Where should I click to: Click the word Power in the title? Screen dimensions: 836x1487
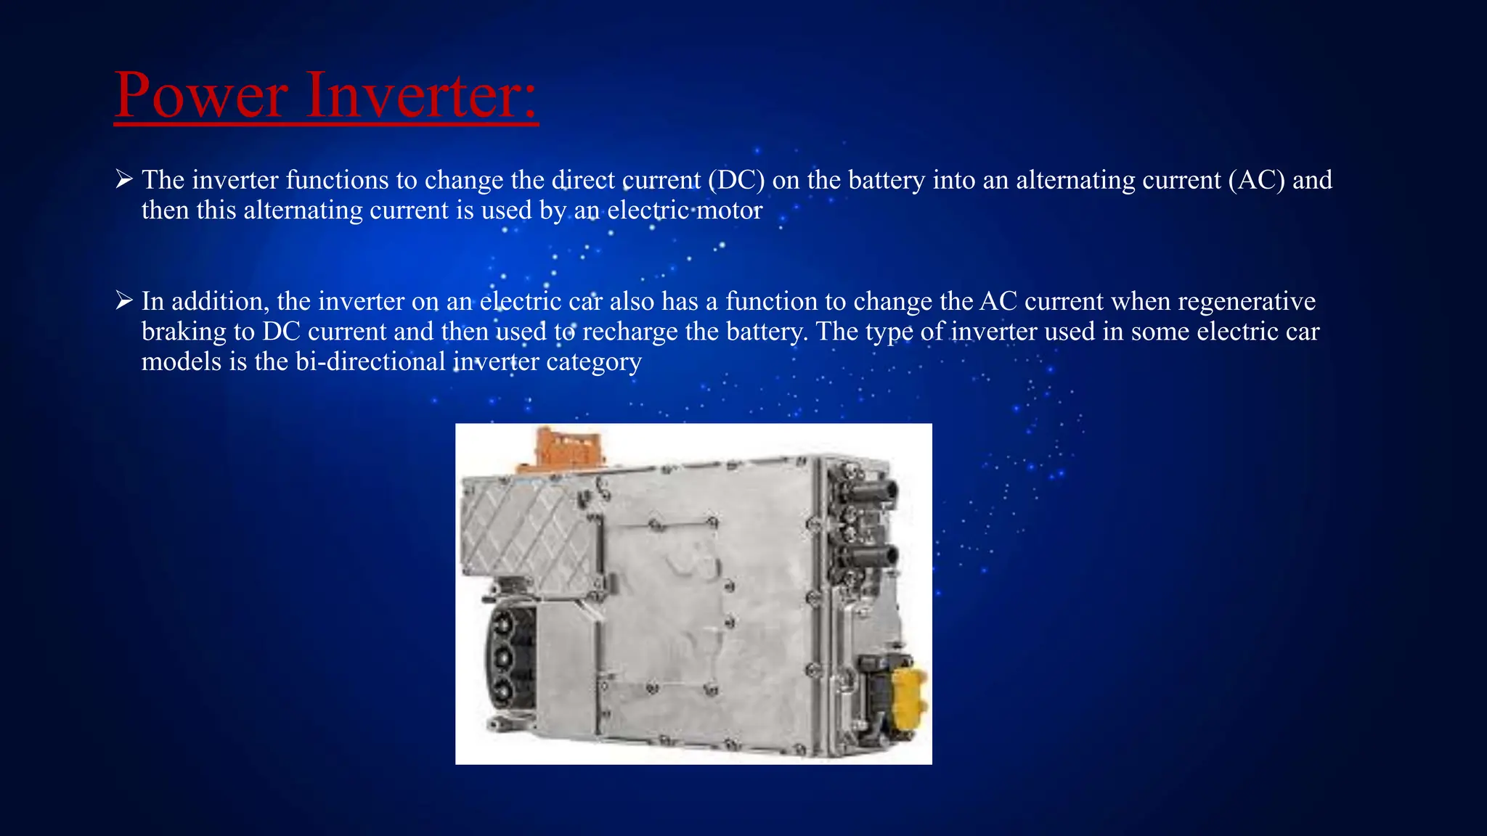point(201,95)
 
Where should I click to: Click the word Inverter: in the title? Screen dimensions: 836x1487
point(421,95)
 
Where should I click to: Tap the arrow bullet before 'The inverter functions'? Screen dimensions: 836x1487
point(124,179)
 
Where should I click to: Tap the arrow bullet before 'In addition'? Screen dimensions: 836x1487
point(124,300)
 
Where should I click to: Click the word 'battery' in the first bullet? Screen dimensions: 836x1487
point(887,180)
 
